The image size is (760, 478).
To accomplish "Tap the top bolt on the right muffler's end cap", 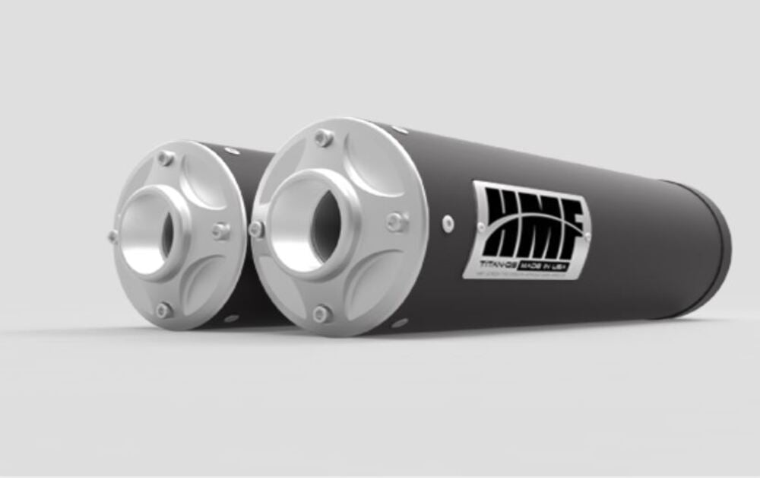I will pos(324,139).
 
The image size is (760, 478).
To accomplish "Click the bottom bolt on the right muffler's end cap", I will pos(322,313).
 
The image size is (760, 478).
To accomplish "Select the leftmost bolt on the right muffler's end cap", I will pos(258,228).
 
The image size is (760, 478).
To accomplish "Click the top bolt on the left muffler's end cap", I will pos(165,158).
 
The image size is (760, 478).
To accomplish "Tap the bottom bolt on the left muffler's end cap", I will pos(163,309).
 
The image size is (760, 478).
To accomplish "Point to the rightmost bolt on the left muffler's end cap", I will pos(220,230).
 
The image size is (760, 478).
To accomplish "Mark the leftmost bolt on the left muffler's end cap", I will pos(113,236).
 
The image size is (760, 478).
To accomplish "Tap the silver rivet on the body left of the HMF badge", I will pos(448,221).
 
